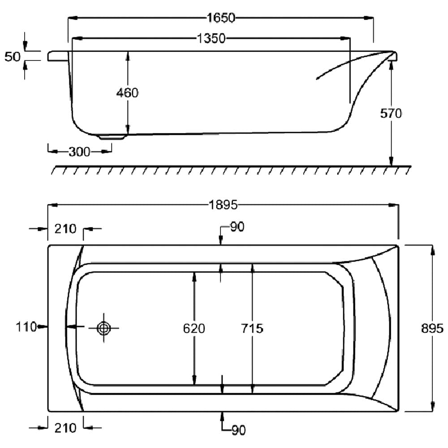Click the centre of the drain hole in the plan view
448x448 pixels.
[x=104, y=328]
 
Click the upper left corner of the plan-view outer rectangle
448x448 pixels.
[x=48, y=245]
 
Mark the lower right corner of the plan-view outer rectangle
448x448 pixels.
[x=398, y=412]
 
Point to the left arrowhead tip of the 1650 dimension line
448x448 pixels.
[x=68, y=18]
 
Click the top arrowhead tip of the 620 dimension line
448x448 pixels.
[x=194, y=272]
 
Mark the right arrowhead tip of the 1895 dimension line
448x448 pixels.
[x=398, y=205]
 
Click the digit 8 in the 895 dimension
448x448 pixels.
[x=426, y=328]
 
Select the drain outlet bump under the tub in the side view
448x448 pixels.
[x=112, y=137]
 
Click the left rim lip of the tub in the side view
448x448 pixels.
[x=58, y=56]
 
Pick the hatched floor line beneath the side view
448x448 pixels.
[x=231, y=170]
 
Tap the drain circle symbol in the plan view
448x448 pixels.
[x=104, y=328]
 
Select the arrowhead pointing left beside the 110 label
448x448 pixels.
[x=71, y=326]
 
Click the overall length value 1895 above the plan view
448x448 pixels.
[x=223, y=205]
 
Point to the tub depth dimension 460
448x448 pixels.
[x=127, y=93]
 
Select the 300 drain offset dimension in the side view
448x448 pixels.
[x=79, y=152]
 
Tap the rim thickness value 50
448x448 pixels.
[x=13, y=56]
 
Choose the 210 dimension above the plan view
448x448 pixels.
[x=65, y=229]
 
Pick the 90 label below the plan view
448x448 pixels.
[x=238, y=430]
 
